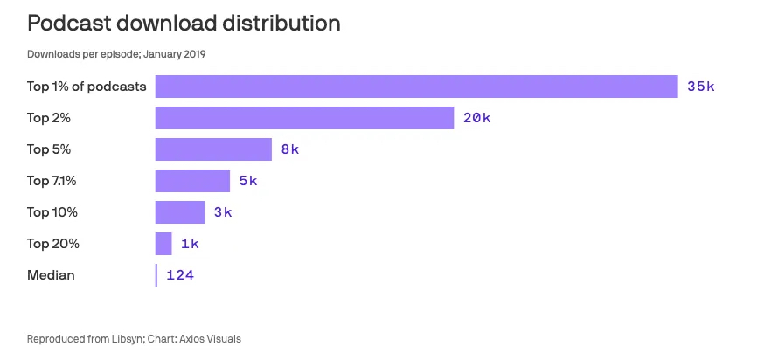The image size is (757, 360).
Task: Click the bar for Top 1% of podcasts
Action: tap(416, 87)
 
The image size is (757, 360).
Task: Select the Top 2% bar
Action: tap(304, 118)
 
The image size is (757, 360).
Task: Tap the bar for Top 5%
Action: tap(213, 149)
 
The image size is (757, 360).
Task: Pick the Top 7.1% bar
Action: tap(192, 181)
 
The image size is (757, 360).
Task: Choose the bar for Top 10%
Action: tap(179, 212)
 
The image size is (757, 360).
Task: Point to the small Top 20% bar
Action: tap(163, 244)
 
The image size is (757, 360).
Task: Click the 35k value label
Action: tap(701, 87)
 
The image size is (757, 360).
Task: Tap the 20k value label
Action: tap(476, 118)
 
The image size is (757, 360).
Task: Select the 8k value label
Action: tap(290, 149)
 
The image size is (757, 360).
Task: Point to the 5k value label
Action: tap(248, 181)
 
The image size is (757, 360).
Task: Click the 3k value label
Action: tap(223, 212)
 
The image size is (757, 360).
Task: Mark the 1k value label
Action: tap(190, 244)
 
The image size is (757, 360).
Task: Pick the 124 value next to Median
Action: tap(179, 275)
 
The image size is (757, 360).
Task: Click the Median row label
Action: tap(51, 275)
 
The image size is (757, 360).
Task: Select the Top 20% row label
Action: tap(53, 244)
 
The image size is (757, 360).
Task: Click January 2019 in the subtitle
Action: tap(177, 54)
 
